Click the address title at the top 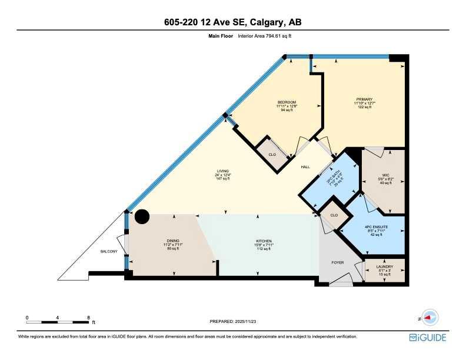[233, 22]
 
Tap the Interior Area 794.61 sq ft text [265, 36]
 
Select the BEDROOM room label [287, 102]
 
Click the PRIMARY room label [364, 99]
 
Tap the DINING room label [172, 241]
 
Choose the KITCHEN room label [263, 241]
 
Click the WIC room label [385, 175]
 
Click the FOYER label [337, 262]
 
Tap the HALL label [305, 167]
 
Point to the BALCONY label [109, 252]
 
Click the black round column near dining [142, 217]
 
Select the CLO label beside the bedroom [272, 154]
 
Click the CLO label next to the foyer [334, 215]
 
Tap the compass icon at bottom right [430, 318]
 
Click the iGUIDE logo [427, 338]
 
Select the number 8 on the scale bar [88, 318]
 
